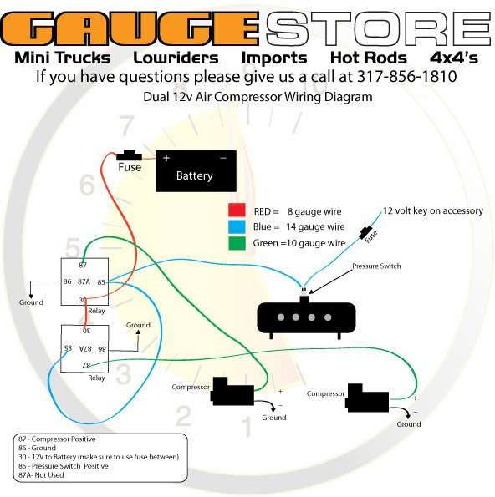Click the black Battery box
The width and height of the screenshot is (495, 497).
coord(196,171)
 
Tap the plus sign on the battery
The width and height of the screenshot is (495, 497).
coord(166,158)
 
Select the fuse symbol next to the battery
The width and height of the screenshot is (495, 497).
coord(129,155)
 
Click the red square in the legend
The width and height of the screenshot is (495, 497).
coord(237,210)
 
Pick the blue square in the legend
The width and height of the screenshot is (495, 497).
coord(237,227)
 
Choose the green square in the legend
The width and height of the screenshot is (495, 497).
coord(237,243)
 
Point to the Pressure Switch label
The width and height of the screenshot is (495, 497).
coord(376,266)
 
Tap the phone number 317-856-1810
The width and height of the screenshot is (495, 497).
coord(407,76)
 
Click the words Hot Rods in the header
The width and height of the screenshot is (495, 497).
coord(369,58)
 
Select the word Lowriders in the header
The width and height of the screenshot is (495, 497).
coord(176,58)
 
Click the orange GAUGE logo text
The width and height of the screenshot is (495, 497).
coord(130,28)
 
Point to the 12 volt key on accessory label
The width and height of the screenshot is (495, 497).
coord(433,210)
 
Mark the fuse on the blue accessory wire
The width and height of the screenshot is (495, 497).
coord(366,233)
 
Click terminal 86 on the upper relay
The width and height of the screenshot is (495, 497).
coord(67,281)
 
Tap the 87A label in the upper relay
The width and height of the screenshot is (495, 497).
coord(84,281)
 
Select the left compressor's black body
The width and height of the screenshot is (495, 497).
coord(232,391)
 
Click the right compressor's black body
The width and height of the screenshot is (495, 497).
coord(367,398)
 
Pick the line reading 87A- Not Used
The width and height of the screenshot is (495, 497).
coord(41,474)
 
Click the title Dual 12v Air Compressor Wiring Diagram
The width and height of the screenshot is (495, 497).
coord(258,97)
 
